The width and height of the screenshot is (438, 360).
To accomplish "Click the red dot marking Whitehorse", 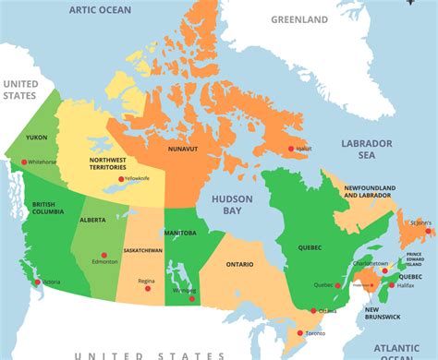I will pyautogui.click(x=25, y=162).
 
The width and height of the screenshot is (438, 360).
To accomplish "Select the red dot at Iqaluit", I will pyautogui.click(x=290, y=149).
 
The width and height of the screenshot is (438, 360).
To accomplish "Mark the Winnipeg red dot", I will pyautogui.click(x=191, y=298).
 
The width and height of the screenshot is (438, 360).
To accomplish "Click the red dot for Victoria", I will pyautogui.click(x=34, y=282).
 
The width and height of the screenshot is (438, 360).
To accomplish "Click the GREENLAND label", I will pyautogui.click(x=299, y=18).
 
